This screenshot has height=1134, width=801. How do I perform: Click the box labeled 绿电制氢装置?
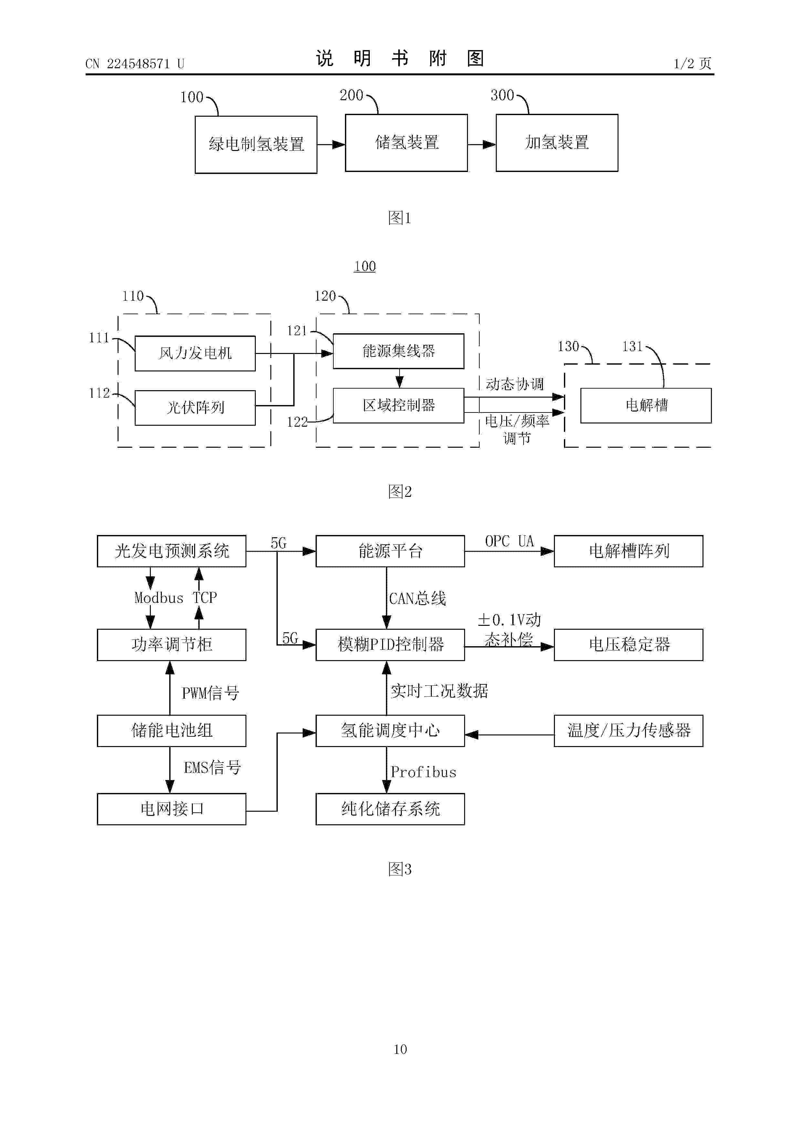(x=256, y=145)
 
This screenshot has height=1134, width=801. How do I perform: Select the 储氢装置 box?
(x=406, y=143)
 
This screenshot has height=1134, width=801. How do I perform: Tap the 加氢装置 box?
(x=557, y=143)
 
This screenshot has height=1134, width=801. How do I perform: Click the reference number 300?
(x=502, y=95)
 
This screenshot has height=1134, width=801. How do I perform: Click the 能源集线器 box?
(x=398, y=351)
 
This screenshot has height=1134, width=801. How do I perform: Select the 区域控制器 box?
(x=398, y=405)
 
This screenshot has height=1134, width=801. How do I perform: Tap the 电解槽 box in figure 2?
(x=646, y=405)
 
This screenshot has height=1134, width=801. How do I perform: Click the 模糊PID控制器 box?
(x=390, y=645)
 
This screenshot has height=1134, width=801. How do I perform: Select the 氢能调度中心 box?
(x=390, y=731)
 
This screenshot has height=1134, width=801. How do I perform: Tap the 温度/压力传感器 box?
(x=628, y=731)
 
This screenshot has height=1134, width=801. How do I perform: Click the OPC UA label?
(x=509, y=541)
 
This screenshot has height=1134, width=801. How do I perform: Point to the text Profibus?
(x=423, y=772)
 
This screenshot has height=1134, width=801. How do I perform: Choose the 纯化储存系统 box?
(x=390, y=809)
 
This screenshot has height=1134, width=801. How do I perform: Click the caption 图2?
(x=400, y=491)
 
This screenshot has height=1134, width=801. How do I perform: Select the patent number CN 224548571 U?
(x=135, y=64)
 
